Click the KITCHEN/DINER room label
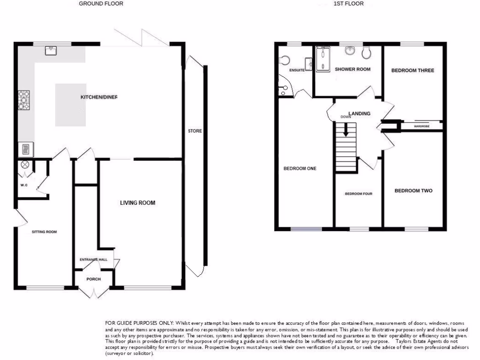pos(99,97)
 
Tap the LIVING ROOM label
pos(137,203)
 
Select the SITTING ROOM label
pos(44,232)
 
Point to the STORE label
pos(195,131)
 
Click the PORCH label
pos(94,279)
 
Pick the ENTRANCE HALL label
pos(93,259)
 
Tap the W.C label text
pos(24,185)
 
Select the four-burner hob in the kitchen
pos(24,99)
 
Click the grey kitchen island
pos(71,105)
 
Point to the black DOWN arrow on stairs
pos(346,129)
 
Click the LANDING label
pos(359,113)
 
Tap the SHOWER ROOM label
pos(352,69)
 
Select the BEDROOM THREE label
pos(412,70)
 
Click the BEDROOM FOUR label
pos(359,194)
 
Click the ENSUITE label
pos(297,70)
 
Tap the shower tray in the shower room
pos(323,60)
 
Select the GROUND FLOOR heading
pos(101,4)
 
